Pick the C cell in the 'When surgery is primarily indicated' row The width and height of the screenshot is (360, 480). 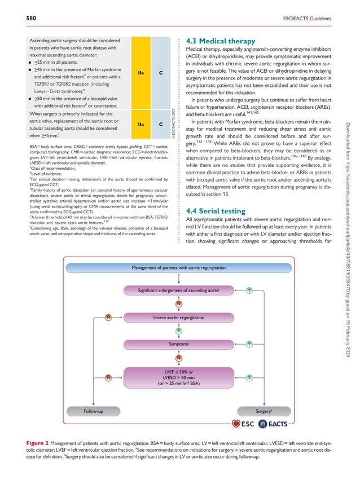pos(160,123)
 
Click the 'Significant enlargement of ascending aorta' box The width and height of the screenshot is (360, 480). pos(178,290)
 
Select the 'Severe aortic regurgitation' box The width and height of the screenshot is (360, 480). pos(178,318)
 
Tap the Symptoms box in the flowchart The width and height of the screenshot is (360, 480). pos(178,344)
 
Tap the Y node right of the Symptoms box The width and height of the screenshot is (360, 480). pos(249,344)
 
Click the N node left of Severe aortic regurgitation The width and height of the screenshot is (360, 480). pos(107,318)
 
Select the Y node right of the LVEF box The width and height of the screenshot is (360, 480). pos(249,377)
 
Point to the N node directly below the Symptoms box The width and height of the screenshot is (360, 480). pos(178,358)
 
